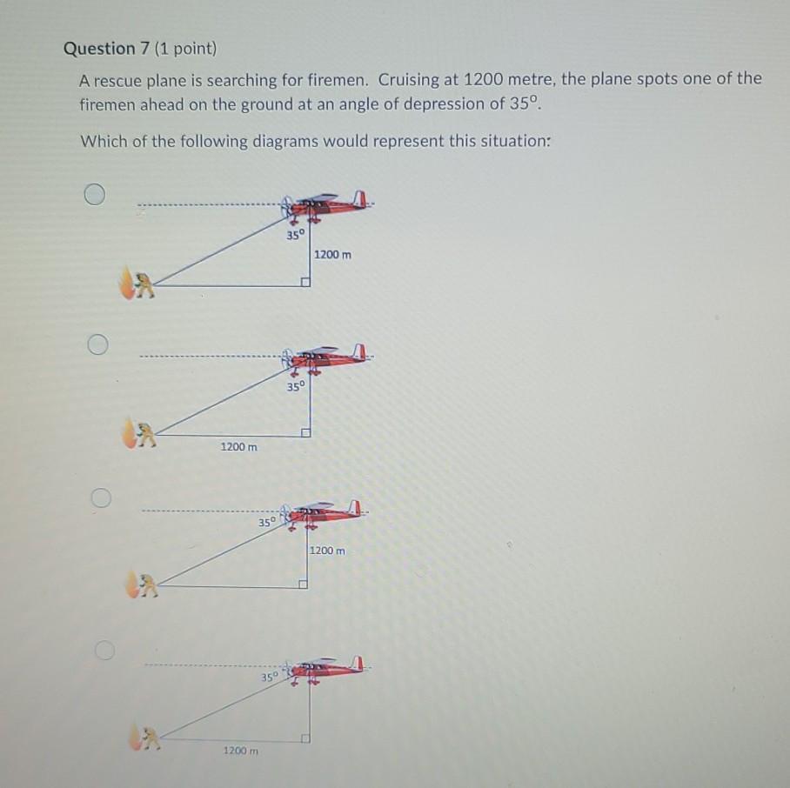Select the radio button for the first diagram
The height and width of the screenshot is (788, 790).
95,194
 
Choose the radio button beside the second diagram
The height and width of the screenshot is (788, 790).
97,344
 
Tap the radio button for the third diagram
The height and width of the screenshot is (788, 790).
101,498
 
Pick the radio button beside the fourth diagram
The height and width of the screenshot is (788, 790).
104,650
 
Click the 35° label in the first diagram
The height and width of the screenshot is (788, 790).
296,235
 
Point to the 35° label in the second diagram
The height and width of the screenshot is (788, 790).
296,386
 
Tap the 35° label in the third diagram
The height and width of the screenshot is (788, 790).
267,522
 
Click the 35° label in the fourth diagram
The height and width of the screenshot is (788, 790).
270,677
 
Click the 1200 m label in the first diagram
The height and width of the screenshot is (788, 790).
332,255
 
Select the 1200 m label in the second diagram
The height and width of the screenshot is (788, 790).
238,446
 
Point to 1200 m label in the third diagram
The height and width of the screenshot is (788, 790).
327,551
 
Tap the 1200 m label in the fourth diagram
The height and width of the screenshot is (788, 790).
241,751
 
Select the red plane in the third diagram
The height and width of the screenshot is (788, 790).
321,513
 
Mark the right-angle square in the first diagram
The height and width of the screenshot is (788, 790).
305,282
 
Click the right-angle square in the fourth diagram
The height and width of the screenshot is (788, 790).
305,738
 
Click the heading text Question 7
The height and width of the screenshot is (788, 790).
107,49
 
